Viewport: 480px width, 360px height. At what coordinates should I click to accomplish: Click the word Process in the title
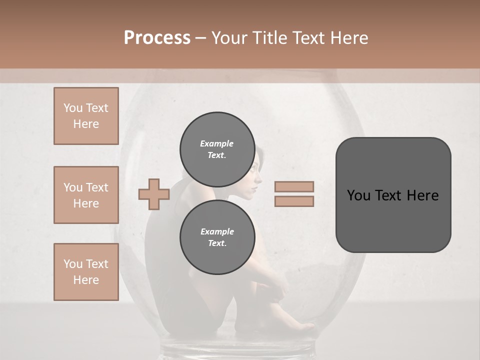tap(157, 38)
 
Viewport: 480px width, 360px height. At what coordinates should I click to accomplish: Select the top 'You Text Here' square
tap(86, 116)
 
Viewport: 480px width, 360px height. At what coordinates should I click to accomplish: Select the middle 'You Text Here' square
tap(86, 195)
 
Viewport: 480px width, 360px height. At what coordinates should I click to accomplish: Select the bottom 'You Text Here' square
tap(86, 272)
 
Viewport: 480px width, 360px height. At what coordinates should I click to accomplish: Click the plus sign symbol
tap(154, 194)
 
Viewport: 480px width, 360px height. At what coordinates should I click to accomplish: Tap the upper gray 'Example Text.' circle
tap(216, 149)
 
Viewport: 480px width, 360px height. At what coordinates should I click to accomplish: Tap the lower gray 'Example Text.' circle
tap(216, 237)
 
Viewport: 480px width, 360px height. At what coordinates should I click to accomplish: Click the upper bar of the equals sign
tap(294, 186)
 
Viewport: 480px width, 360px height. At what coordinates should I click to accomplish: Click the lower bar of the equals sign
tap(294, 201)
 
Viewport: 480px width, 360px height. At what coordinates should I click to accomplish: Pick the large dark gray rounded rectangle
tap(393, 195)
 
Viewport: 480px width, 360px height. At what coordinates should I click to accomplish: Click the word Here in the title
tap(349, 38)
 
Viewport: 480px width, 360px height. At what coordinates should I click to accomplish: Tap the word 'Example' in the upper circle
tap(216, 143)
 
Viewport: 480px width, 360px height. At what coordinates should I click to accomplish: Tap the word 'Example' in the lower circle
tap(217, 231)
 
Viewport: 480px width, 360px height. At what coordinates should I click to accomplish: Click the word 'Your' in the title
tap(228, 38)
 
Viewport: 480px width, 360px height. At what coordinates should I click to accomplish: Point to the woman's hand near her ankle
tap(278, 293)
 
